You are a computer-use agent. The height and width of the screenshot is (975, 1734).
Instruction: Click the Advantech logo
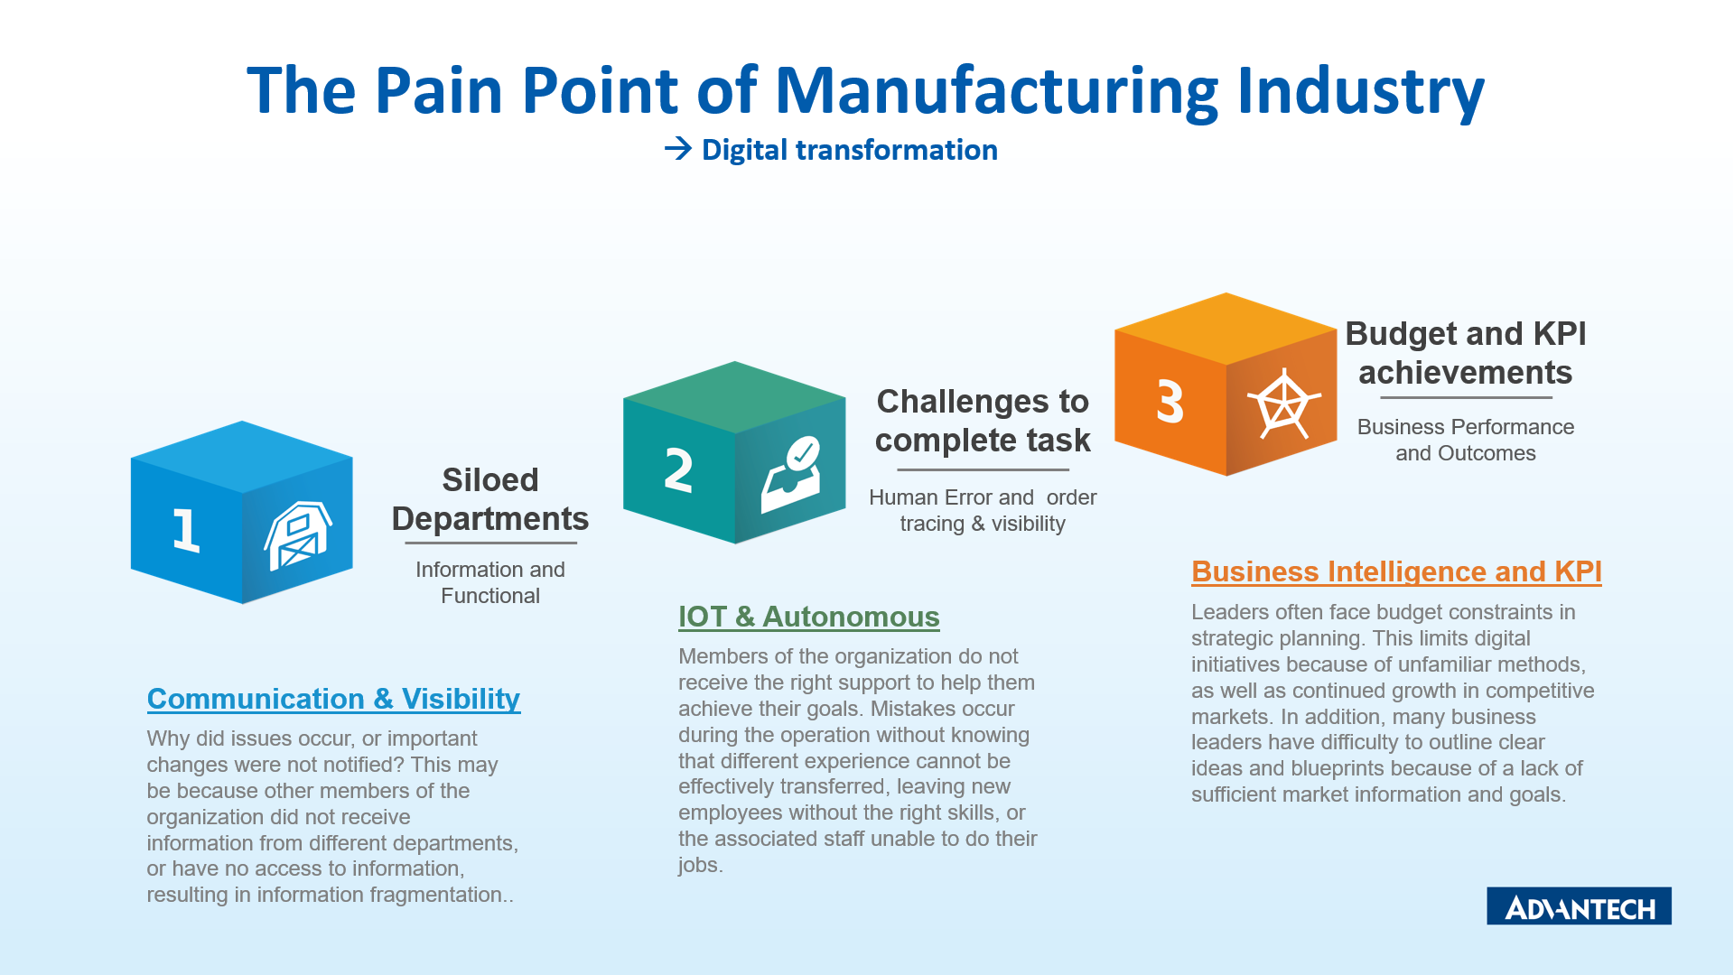1579,905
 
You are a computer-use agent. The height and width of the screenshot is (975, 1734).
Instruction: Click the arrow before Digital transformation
678,149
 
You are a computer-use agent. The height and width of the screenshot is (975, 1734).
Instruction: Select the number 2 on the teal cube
678,469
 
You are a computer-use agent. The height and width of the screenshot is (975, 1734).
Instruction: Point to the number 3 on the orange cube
1170,402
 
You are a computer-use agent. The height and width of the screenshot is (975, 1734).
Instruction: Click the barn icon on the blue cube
298,535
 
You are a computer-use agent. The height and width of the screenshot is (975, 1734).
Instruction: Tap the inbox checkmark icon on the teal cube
791,475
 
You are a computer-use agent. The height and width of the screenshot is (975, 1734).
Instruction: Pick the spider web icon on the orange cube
1283,404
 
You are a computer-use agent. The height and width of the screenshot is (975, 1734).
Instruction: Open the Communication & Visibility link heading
333,699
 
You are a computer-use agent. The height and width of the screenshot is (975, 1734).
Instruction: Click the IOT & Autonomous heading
809,617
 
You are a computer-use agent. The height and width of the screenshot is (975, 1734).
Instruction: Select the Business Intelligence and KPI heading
1396,571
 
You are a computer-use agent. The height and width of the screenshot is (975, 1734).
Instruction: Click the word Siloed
490,480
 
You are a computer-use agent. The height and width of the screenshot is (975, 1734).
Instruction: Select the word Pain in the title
438,91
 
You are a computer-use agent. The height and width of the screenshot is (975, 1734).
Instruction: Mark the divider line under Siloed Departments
490,543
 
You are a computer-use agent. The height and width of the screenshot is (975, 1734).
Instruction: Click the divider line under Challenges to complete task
983,469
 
